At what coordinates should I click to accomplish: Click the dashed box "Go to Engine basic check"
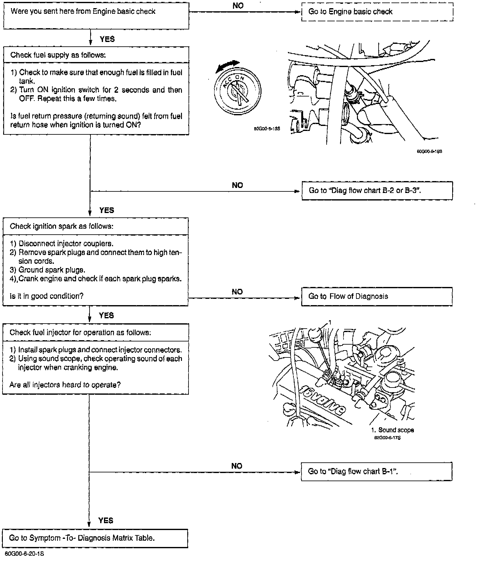tap(377, 12)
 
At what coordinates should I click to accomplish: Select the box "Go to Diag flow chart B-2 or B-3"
tap(377, 190)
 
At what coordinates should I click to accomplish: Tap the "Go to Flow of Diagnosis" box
tap(377, 296)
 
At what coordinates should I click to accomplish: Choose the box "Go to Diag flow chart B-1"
tap(376, 471)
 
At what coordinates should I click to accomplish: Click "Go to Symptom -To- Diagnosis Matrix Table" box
tap(95, 538)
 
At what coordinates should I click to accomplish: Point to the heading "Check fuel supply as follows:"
tap(58, 55)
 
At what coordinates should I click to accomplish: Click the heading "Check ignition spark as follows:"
tap(62, 226)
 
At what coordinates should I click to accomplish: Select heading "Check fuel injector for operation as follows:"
tap(80, 332)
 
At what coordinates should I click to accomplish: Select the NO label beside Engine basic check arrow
tap(238, 6)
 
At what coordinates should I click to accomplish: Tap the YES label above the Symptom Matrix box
tap(106, 520)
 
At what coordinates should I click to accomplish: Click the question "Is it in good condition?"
tap(47, 296)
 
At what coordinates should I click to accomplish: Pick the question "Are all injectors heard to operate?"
tap(65, 385)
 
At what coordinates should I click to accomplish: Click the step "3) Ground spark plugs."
tap(48, 270)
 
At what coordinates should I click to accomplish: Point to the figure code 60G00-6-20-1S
tap(24, 554)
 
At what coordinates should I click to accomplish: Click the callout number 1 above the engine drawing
tap(329, 322)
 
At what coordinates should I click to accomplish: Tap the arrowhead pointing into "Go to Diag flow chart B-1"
tap(297, 472)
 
